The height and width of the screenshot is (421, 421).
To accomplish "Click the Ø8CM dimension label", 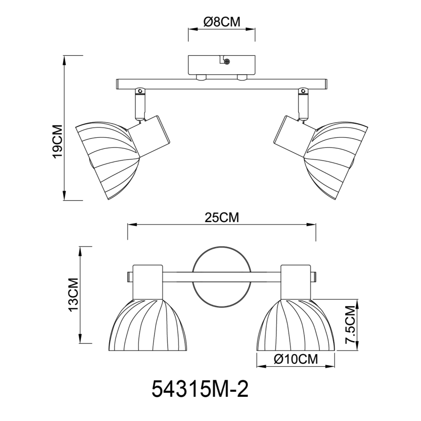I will (x=222, y=21).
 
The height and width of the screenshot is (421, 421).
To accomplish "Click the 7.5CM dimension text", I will (x=350, y=328).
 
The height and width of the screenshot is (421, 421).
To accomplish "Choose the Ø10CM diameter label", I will (x=295, y=359).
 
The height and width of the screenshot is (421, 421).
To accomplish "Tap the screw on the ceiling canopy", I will (x=227, y=61).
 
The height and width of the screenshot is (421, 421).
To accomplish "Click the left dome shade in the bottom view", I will (x=148, y=325).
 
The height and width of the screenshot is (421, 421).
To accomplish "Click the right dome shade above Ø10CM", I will (x=296, y=325).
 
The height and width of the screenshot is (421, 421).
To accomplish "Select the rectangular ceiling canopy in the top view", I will (x=221, y=65).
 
